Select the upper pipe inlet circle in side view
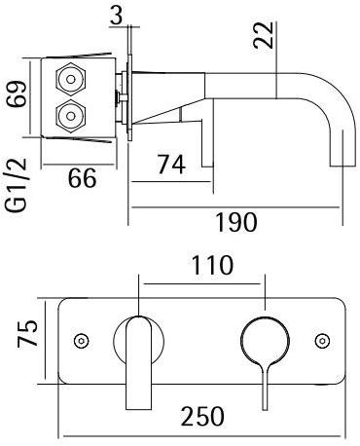click(x=71, y=79)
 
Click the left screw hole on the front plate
click(x=82, y=340)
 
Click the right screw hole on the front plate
click(x=322, y=340)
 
